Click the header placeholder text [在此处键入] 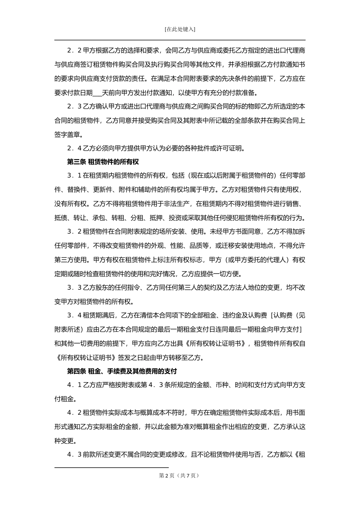tap(180, 30)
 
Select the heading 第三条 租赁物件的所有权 tap(103, 162)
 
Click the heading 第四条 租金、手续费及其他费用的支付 tap(122, 371)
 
